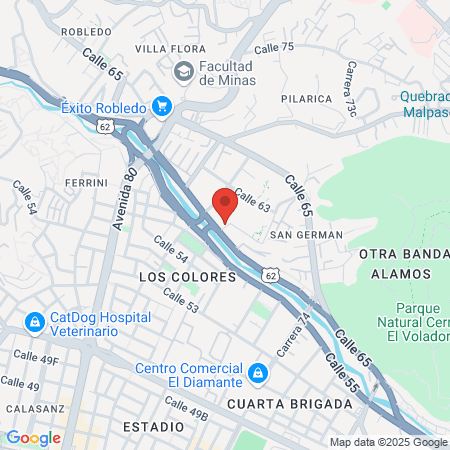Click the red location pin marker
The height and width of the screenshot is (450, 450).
tap(225, 203)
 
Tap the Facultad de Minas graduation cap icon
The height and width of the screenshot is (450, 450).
tap(183, 72)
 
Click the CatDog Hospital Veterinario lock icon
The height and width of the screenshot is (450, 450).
tap(35, 323)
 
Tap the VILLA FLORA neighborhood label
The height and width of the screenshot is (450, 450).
tap(165, 48)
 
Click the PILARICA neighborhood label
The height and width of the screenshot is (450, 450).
tap(306, 99)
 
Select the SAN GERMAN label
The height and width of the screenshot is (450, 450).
tap(307, 235)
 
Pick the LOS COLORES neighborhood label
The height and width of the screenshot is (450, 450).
tap(187, 276)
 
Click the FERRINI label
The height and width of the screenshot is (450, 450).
tap(85, 183)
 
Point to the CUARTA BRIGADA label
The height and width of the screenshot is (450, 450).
tap(289, 404)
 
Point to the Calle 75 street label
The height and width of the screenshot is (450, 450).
tap(274, 47)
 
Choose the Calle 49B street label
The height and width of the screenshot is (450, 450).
tap(186, 407)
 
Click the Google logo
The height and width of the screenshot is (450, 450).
tap(33, 438)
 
